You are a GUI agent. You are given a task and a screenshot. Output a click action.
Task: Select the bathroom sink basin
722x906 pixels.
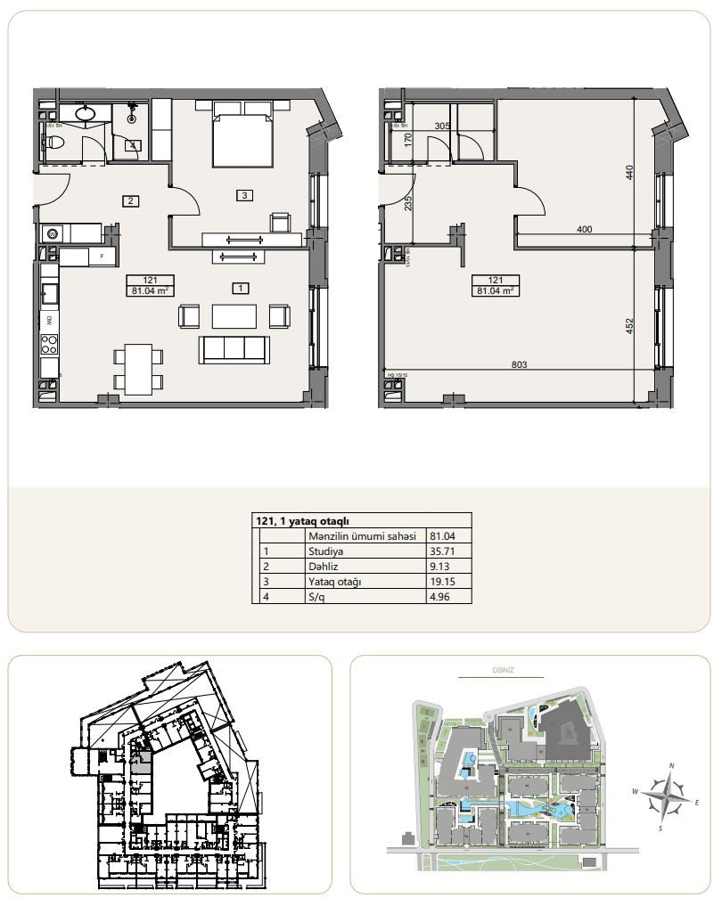click(86, 113)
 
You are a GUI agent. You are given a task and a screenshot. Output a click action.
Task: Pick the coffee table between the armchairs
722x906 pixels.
click(234, 316)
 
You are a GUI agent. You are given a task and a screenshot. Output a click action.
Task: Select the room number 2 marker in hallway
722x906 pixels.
click(130, 200)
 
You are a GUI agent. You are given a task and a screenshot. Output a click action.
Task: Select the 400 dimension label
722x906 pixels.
click(584, 230)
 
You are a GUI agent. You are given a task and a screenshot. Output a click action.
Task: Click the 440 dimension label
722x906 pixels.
click(629, 174)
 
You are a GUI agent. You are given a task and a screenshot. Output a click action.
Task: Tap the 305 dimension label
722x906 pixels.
click(441, 127)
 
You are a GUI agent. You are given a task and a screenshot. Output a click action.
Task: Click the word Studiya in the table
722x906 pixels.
click(325, 551)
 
